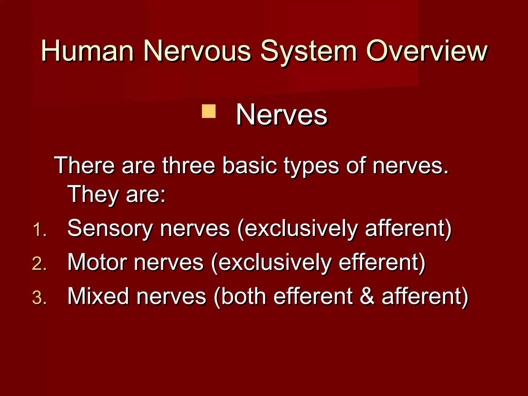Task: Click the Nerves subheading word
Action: (282, 115)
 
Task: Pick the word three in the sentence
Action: (188, 165)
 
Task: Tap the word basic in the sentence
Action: (250, 165)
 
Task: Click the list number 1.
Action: (39, 230)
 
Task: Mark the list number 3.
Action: (39, 298)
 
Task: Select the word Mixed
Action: (98, 296)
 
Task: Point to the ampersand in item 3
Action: (367, 296)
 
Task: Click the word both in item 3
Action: (244, 296)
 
